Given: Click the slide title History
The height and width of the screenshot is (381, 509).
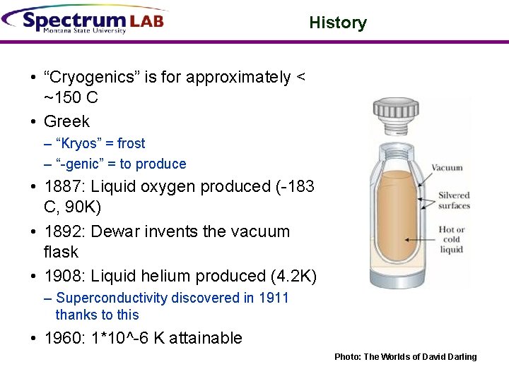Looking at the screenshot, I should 338,23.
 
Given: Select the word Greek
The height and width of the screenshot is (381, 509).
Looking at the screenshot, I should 66,121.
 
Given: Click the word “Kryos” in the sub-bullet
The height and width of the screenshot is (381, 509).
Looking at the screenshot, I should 79,143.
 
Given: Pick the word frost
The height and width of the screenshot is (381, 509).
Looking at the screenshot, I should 131,143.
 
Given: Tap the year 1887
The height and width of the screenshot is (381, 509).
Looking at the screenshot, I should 62,187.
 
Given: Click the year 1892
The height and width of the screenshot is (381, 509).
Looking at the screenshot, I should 62,231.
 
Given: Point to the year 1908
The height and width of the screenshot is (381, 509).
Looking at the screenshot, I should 62,276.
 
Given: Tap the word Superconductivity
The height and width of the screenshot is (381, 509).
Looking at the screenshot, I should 112,298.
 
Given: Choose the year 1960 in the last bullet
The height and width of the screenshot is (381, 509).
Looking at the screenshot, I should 62,338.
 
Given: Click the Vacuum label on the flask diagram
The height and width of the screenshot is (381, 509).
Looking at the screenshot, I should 447,168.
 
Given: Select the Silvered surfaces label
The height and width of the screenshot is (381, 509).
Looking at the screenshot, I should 454,200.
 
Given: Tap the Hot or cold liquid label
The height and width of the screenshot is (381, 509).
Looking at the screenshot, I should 451,239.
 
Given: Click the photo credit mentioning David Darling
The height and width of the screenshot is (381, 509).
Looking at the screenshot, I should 405,357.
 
